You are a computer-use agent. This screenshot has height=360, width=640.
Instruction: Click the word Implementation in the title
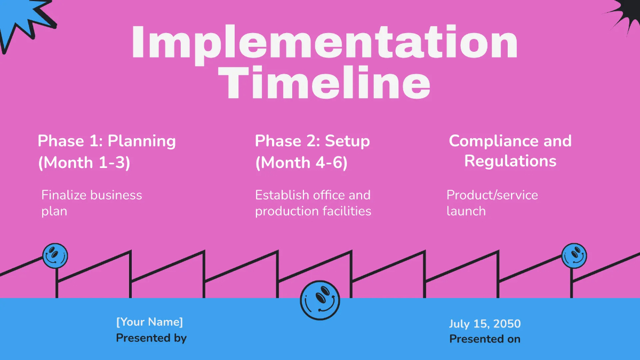(x=324, y=43)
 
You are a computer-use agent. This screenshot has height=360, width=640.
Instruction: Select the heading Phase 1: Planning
(x=107, y=141)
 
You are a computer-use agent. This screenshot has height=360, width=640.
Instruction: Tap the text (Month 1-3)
(x=84, y=163)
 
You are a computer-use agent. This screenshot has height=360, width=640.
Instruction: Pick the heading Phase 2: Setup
(x=312, y=141)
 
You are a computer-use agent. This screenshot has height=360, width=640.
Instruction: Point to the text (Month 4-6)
(x=301, y=163)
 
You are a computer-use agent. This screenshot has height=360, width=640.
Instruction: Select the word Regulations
(x=510, y=161)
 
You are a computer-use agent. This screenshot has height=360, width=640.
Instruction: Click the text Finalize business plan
(x=92, y=203)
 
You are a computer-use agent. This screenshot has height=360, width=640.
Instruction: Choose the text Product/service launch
(x=492, y=203)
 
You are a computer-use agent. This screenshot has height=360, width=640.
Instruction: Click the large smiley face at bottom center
(x=320, y=300)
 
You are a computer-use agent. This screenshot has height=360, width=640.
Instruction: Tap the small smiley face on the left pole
(x=55, y=256)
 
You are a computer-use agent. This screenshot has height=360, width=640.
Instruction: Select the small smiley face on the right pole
(x=574, y=255)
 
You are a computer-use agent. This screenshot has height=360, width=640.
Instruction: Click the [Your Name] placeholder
(x=149, y=322)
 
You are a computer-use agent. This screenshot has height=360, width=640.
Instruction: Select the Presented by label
(x=151, y=338)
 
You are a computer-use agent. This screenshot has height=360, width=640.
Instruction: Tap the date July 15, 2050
(x=485, y=324)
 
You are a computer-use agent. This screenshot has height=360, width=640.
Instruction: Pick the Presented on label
(x=485, y=339)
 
